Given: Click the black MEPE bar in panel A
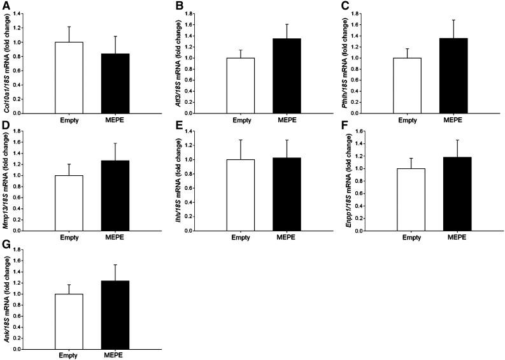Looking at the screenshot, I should (115, 83).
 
